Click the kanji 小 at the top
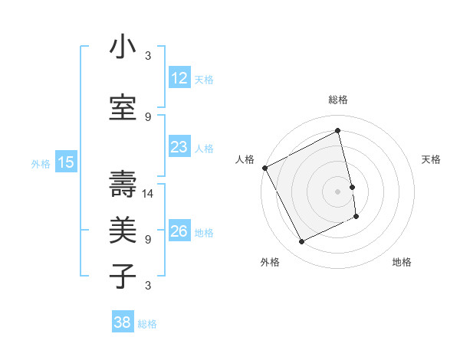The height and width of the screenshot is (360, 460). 123,47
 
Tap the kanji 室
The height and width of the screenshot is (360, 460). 123,108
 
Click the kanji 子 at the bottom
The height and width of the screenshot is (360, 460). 123,277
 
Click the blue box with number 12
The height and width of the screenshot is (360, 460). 179,78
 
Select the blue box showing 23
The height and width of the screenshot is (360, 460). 179,146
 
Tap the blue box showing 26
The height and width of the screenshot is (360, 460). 179,231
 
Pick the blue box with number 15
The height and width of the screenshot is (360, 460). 65,162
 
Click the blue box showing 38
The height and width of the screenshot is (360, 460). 123,322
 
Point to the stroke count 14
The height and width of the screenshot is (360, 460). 149,194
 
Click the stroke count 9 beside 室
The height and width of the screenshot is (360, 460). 148,117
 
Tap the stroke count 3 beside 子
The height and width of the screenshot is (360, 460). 148,286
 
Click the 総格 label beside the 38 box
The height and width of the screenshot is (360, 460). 147,324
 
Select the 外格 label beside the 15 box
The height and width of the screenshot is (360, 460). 41,163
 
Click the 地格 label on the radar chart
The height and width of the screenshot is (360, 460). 402,262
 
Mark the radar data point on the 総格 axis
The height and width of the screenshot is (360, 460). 338,130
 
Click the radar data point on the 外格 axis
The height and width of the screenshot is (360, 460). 301,242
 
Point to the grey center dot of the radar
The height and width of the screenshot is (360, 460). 338,191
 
